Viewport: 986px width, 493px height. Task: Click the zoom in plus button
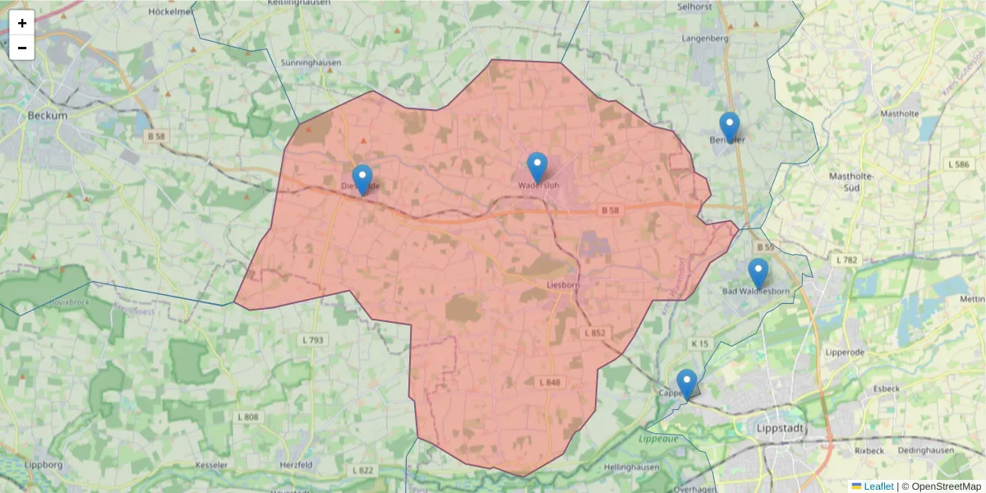22,23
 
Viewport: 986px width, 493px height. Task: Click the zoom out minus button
22,48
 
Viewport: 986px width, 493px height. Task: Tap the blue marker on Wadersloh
537,168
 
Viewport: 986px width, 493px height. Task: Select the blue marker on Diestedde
362,180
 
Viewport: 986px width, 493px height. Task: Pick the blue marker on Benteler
729,127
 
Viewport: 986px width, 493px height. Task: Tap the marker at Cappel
687,385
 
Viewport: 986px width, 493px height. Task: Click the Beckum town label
47,116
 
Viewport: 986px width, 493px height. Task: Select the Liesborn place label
563,286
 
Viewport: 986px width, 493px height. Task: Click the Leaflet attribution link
878,486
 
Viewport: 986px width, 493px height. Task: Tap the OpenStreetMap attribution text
943,486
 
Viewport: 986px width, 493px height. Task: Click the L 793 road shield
311,339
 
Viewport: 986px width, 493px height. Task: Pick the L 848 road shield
550,383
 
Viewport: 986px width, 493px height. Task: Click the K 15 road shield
699,343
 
